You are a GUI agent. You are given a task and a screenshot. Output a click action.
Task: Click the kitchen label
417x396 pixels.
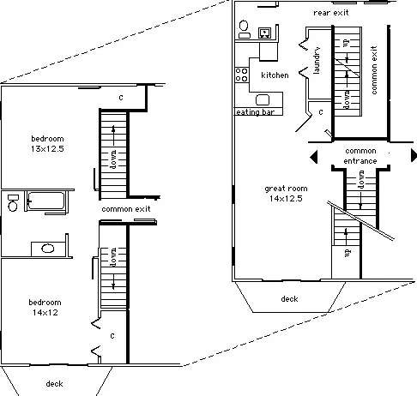[275, 75]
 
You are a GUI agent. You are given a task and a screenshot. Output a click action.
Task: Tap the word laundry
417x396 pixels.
[317, 60]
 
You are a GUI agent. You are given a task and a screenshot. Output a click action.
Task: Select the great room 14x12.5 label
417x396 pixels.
[286, 194]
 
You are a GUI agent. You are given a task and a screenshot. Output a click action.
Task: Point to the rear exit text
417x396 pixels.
[331, 13]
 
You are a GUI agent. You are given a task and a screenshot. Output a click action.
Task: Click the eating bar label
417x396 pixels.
[255, 112]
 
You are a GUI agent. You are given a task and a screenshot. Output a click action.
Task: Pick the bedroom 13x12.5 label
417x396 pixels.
[47, 144]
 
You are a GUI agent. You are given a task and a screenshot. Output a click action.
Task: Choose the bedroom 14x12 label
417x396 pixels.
[45, 308]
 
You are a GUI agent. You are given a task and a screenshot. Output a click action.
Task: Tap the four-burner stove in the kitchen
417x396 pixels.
[242, 75]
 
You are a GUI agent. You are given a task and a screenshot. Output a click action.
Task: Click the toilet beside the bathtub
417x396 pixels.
[13, 202]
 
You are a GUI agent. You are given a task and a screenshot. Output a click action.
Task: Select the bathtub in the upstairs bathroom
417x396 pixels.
[46, 201]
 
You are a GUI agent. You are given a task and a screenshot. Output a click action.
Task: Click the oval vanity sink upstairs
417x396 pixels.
[47, 248]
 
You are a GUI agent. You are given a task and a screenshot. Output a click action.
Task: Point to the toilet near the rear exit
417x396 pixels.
[244, 29]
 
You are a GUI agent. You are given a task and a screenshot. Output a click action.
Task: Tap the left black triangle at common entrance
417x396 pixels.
[314, 157]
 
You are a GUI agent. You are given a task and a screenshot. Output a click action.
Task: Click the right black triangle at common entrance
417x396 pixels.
[414, 155]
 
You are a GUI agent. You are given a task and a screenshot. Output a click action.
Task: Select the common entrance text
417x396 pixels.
[360, 156]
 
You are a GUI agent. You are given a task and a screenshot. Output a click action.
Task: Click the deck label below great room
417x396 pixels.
[289, 299]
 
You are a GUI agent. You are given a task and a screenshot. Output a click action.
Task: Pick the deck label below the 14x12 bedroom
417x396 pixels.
[54, 383]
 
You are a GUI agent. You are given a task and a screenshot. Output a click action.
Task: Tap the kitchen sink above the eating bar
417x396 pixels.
[263, 100]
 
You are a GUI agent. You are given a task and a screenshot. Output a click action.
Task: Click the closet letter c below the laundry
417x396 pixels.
[321, 112]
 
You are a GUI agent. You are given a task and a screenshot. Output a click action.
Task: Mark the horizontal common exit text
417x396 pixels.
[126, 209]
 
